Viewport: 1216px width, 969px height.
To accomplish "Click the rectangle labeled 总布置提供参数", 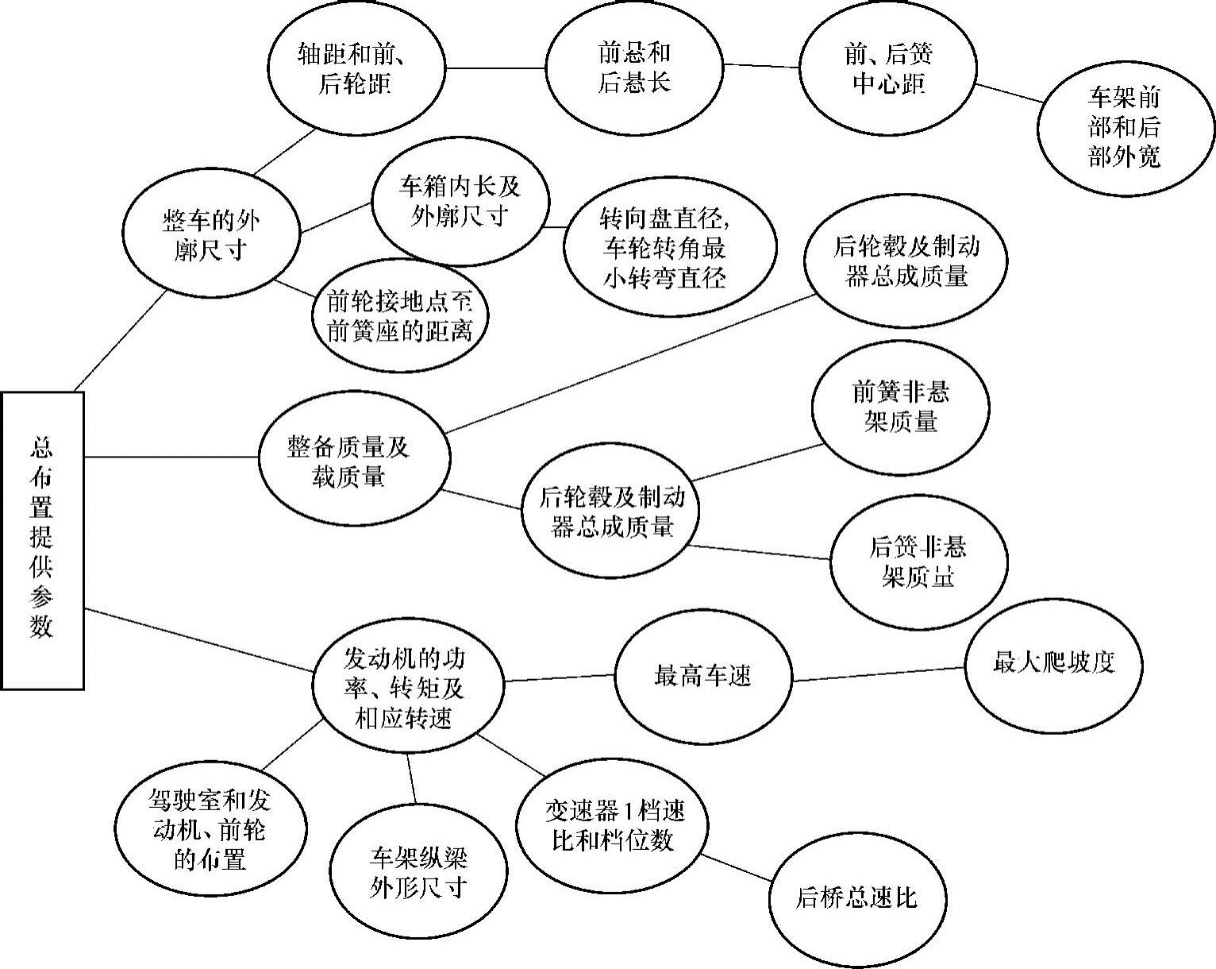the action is [x=42, y=540].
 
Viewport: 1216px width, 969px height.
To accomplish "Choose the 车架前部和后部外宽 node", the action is [x=1125, y=128].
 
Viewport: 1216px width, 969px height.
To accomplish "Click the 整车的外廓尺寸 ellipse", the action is [x=211, y=235].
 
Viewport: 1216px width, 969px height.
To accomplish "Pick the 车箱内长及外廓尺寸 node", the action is [x=460, y=202].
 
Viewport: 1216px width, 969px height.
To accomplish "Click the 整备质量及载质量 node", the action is [x=355, y=461].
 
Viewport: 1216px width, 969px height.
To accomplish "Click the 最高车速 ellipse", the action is [x=703, y=677].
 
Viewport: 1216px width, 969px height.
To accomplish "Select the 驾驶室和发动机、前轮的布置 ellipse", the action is [x=210, y=829].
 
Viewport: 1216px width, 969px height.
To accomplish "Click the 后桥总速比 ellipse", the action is [x=856, y=898].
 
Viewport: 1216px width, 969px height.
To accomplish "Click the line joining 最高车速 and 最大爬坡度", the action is [x=878, y=674].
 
